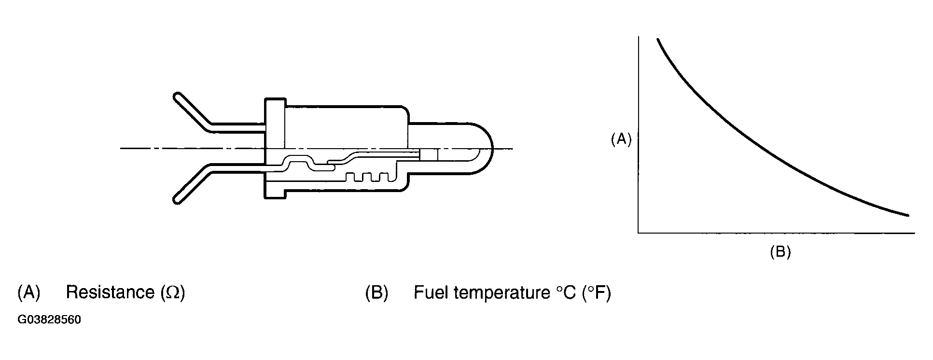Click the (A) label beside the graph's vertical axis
pos(621,140)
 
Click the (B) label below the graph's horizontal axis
pos(780,252)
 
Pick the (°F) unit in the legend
pos(597,293)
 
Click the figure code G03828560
pos(49,320)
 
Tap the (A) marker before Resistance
pos(28,293)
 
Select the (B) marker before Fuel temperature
pos(377,293)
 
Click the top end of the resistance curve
pos(657,40)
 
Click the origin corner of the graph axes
pos(639,233)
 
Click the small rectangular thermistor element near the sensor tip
pos(429,154)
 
